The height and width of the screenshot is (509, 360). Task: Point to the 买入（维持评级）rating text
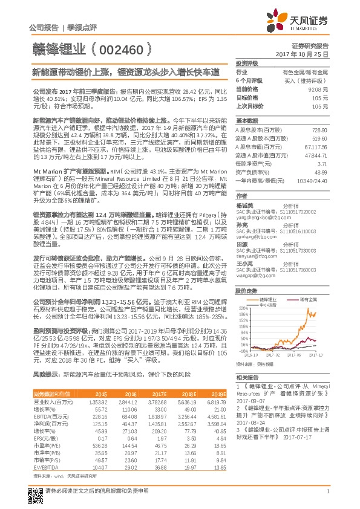[x=311, y=80]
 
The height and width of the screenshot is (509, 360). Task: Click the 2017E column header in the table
[x=157, y=393]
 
